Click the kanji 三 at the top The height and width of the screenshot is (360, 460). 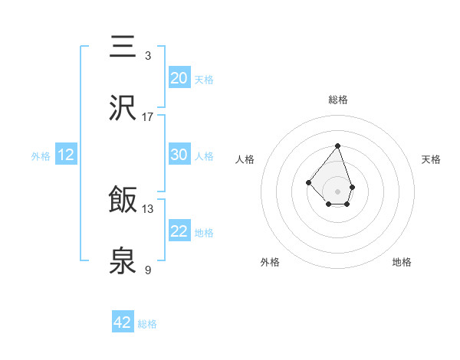(x=123, y=47)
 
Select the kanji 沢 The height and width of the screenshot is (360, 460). (x=123, y=108)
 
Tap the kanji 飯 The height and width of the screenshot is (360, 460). (x=123, y=201)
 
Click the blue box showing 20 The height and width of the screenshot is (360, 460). (x=179, y=78)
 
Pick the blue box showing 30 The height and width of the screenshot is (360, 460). (x=179, y=155)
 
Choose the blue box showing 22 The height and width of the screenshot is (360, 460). (x=179, y=231)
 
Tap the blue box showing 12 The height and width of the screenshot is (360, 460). (x=66, y=155)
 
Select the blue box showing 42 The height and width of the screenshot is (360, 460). (x=123, y=322)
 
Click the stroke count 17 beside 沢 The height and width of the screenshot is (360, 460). (x=147, y=116)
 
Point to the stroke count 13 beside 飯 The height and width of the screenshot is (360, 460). (x=147, y=208)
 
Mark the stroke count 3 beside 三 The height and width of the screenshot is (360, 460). (x=147, y=55)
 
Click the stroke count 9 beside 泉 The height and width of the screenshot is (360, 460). (x=147, y=270)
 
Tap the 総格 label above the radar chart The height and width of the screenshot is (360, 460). (x=337, y=100)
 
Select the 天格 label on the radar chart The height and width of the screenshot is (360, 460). (x=431, y=159)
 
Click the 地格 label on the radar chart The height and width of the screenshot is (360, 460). (x=402, y=262)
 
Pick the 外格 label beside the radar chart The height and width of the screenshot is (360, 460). (x=270, y=262)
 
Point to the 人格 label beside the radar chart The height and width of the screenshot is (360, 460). (x=245, y=159)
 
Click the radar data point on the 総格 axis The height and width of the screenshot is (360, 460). (x=337, y=146)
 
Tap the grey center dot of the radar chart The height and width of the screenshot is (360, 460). (x=337, y=191)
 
